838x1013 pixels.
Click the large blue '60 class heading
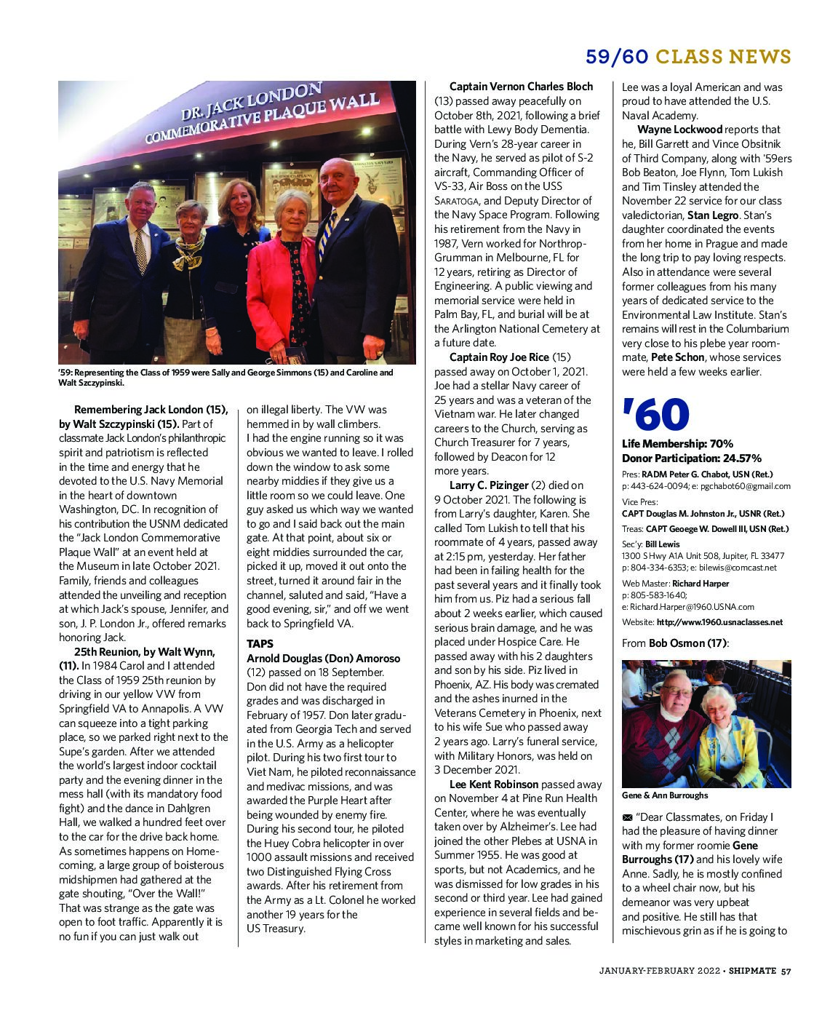pos(655,416)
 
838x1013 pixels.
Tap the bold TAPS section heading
pos(260,644)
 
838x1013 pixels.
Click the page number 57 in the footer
pos(786,970)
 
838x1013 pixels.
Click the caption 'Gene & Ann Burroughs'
pos(664,795)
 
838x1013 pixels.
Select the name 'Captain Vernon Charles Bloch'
pos(521,87)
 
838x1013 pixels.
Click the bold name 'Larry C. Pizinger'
pos(489,485)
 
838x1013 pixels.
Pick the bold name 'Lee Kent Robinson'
pos(494,784)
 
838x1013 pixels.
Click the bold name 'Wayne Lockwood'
pos(679,130)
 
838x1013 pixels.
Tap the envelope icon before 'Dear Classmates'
pos(627,817)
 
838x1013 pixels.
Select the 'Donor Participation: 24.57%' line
pos(691,458)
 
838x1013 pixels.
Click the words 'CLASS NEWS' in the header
pos(723,57)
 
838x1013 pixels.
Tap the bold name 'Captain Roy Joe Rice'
pos(499,357)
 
